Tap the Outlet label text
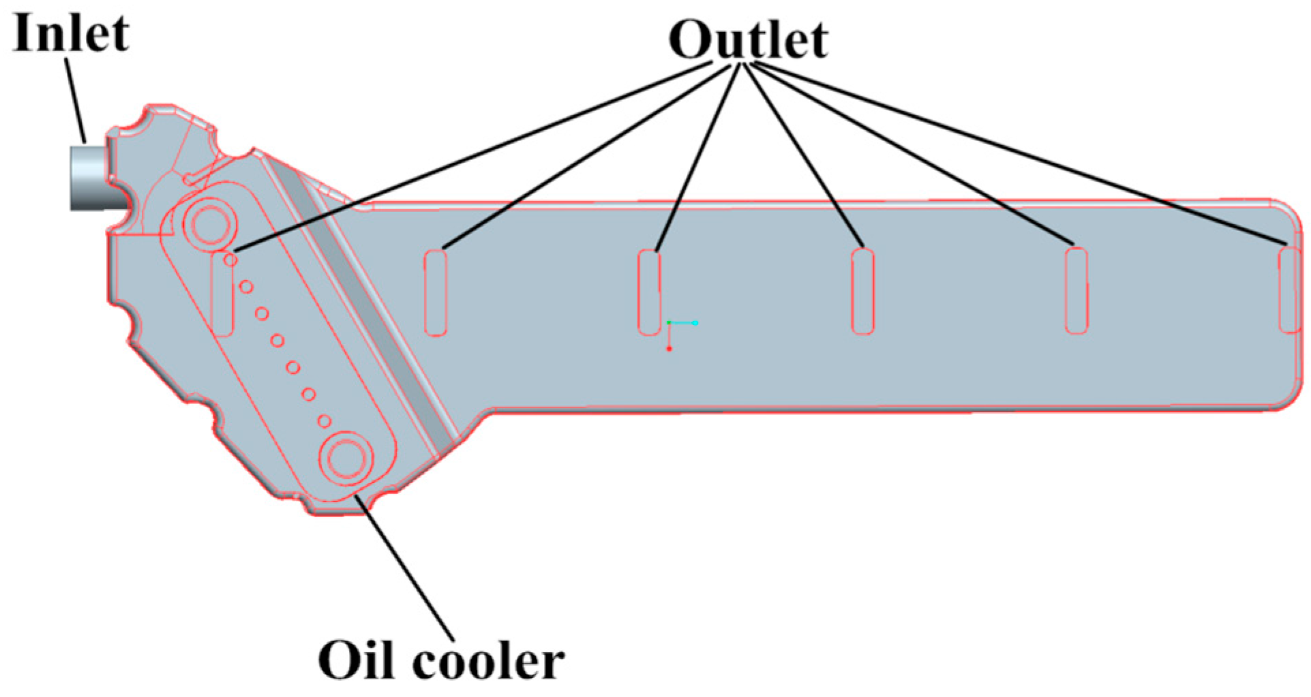tap(748, 40)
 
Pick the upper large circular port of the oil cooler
tap(209, 223)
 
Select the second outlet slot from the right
tap(1076, 291)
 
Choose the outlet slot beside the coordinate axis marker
tap(649, 292)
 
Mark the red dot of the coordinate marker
tap(669, 349)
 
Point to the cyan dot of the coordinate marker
tap(695, 323)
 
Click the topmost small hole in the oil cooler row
tap(231, 260)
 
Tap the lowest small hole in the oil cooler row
tap(325, 421)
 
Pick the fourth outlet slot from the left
tap(863, 292)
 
